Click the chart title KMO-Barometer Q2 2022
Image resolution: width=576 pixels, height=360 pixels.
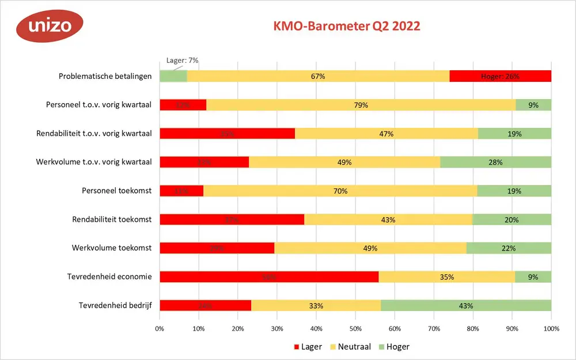(x=346, y=26)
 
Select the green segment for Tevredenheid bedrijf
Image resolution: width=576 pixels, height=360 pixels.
(x=465, y=305)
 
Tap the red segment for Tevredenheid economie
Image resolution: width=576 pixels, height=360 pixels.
(x=269, y=276)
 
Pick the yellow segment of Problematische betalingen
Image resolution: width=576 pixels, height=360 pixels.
(x=318, y=76)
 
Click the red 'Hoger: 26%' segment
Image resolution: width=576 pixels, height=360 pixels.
(x=500, y=76)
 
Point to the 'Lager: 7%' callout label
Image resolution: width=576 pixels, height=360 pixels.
(x=182, y=60)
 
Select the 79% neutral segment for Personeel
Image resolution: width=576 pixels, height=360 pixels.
(x=361, y=105)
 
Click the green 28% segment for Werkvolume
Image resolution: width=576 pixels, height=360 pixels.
(x=495, y=162)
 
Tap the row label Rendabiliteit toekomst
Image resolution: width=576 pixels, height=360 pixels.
(x=112, y=219)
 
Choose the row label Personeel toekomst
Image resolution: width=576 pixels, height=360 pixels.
(x=117, y=191)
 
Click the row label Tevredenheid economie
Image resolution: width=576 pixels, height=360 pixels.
(x=109, y=276)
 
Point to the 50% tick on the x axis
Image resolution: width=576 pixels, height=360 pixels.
(x=355, y=329)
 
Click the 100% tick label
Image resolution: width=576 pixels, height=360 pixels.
(x=551, y=329)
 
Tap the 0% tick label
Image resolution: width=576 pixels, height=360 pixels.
(x=160, y=329)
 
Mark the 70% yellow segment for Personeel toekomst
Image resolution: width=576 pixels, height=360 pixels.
(x=340, y=191)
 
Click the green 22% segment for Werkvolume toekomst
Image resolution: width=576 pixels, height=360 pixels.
(x=509, y=248)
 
